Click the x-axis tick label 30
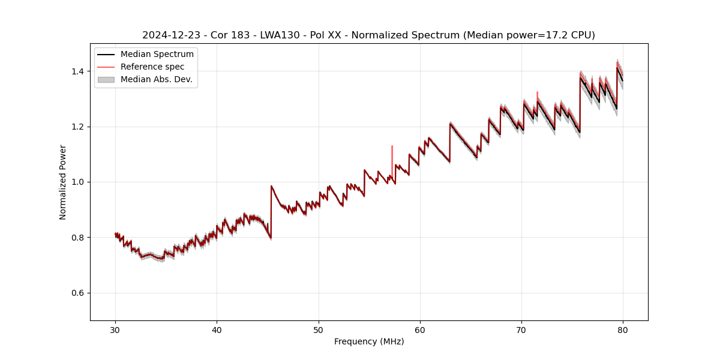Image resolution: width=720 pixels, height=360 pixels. tap(115, 330)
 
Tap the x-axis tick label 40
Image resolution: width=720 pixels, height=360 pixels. tap(217, 330)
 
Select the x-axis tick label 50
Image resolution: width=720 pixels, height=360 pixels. tap(319, 330)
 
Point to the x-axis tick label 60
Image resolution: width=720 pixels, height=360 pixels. tap(420, 330)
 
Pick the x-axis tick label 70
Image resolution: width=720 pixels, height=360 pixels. tap(521, 330)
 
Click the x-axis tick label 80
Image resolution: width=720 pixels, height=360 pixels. tap(623, 330)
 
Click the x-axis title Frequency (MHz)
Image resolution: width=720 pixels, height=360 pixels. tap(369, 342)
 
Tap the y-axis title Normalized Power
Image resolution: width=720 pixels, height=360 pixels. tap(63, 182)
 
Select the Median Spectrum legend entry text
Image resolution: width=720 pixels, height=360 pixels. tap(157, 55)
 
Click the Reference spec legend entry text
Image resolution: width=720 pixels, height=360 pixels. tap(152, 67)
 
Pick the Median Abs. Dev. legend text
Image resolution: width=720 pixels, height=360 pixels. tap(157, 79)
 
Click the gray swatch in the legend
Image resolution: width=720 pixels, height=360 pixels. tap(106, 79)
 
